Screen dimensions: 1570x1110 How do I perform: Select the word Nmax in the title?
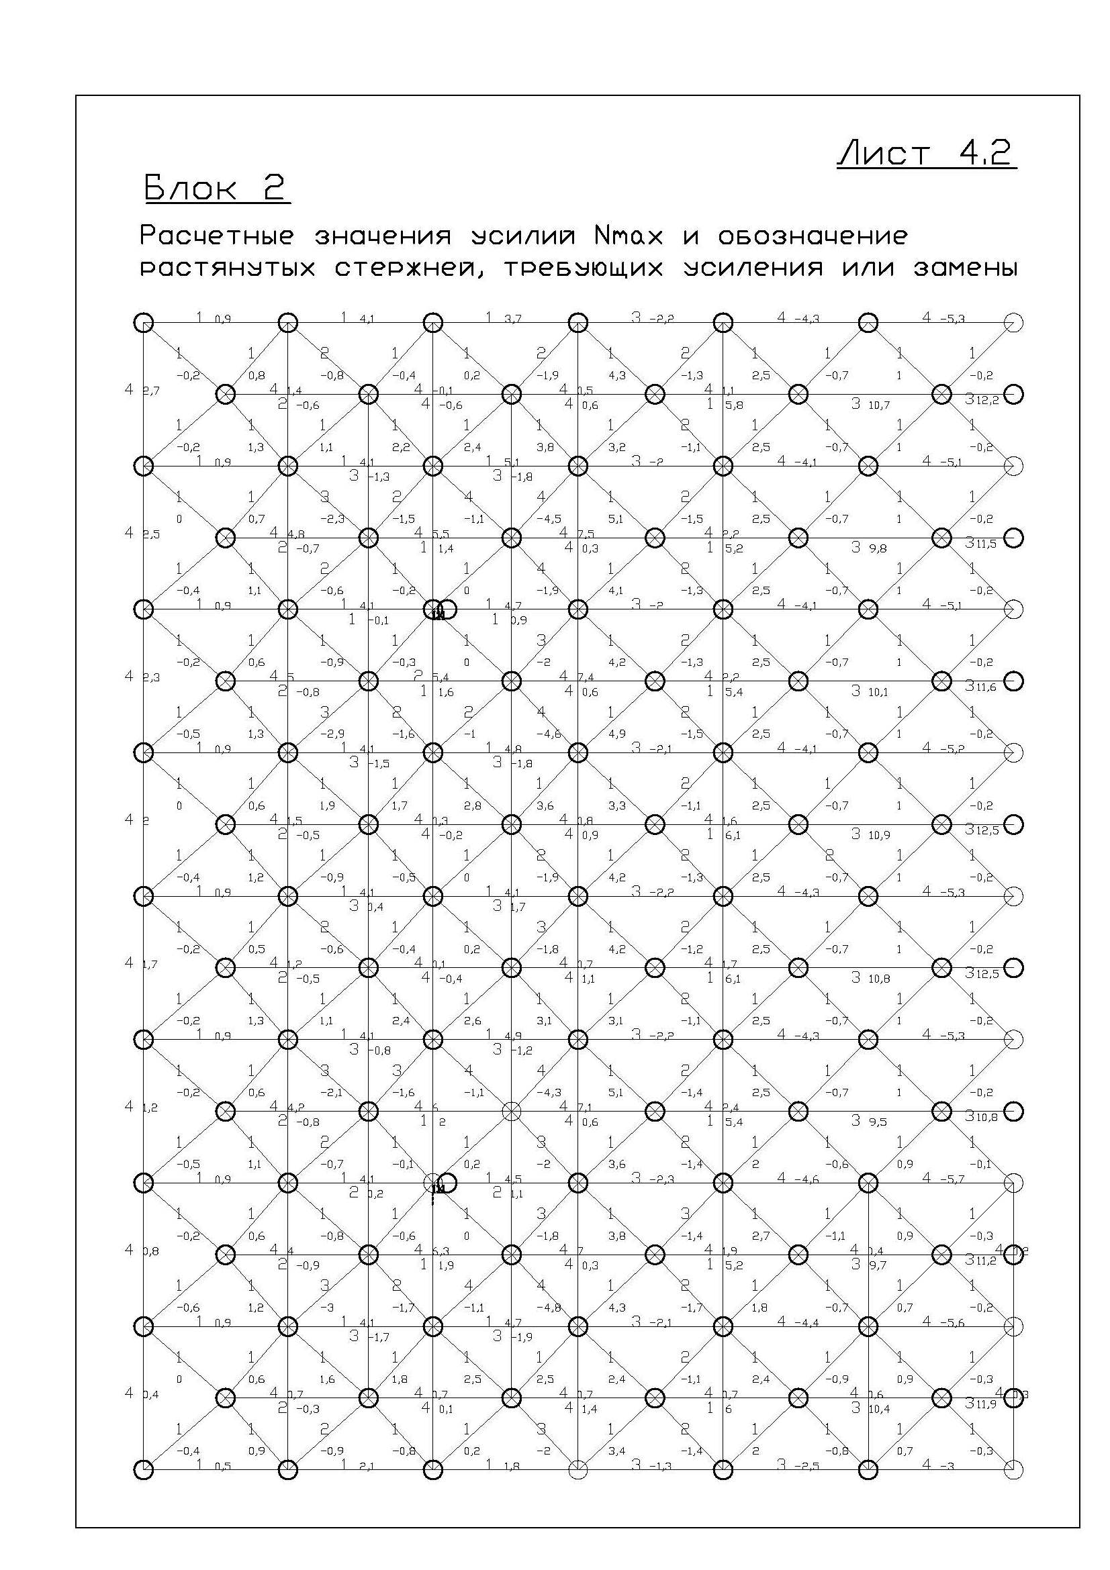[629, 236]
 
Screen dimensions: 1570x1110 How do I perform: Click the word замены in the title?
[966, 268]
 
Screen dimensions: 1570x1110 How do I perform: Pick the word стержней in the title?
[412, 268]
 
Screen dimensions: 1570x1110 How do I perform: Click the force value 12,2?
[988, 401]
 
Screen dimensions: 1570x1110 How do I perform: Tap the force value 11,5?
[987, 544]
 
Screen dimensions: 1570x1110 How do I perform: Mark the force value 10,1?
[878, 692]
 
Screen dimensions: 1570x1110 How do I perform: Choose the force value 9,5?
[878, 1122]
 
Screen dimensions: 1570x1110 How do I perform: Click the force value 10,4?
[880, 1410]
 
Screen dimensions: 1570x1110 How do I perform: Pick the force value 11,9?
[987, 1404]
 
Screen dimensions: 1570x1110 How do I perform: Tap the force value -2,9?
[336, 734]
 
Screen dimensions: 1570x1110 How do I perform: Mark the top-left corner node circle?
[144, 322]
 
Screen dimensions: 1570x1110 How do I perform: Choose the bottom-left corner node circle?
[144, 1469]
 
